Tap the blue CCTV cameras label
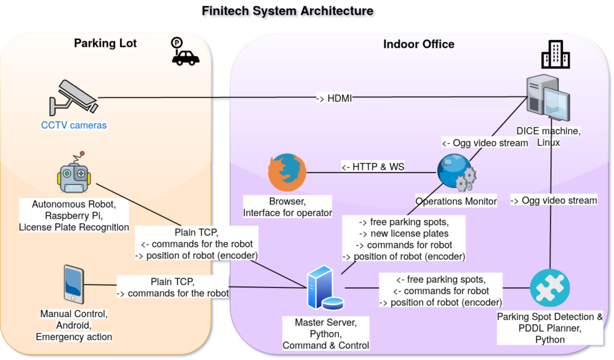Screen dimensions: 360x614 74,125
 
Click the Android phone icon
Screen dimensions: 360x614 74,284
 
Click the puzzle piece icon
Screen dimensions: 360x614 550,288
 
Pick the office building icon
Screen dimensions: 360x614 555,54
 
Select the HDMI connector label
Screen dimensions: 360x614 334,99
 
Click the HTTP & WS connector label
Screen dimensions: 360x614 373,167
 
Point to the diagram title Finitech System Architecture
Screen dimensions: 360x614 287,11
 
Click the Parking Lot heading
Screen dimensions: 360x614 105,44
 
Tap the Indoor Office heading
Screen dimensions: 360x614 419,45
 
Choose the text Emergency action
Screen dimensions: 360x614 74,337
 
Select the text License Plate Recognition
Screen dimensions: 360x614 74,227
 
